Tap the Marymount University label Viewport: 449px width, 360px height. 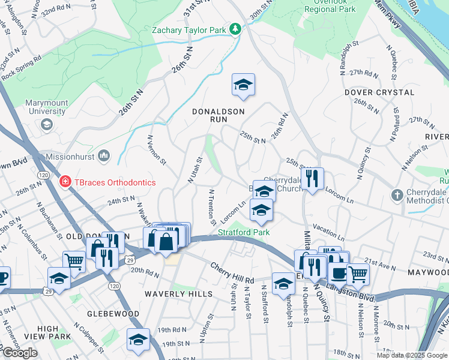click(x=46, y=107)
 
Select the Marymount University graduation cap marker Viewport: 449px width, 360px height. click(x=46, y=124)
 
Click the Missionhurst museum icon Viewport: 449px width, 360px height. click(x=103, y=156)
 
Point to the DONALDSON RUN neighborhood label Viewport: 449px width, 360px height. click(x=218, y=115)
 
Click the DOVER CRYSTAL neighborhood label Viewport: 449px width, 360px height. click(x=379, y=92)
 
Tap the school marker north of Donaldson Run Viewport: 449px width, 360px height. click(x=244, y=85)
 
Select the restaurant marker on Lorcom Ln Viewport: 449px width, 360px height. click(x=312, y=178)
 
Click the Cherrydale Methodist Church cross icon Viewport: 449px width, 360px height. click(x=397, y=195)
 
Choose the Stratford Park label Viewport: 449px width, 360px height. click(x=244, y=232)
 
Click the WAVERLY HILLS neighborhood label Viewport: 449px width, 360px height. click(x=178, y=293)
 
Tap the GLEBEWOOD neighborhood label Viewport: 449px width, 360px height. click(x=113, y=314)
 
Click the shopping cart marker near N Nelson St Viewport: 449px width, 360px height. click(x=358, y=274)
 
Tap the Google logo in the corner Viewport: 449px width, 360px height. click(x=20, y=353)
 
